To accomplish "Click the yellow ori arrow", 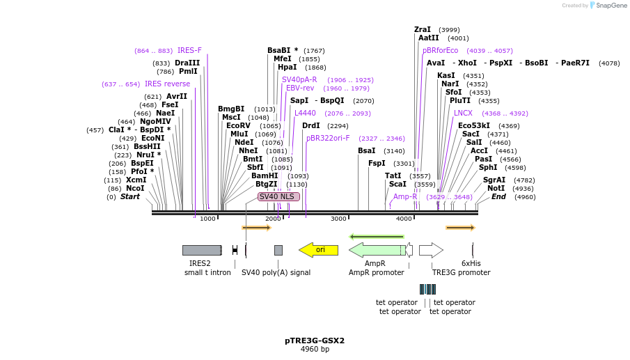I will (319, 250).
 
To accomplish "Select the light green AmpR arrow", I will (376, 250).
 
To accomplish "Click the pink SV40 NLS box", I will (278, 196).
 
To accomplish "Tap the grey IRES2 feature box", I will (202, 250).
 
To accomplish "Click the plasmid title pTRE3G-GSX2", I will (315, 341).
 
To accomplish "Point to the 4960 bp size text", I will (315, 349).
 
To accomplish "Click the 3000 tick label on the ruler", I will (338, 219).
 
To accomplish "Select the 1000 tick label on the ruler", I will (207, 219).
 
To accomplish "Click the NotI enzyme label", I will (496, 188).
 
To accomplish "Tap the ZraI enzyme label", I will (423, 29).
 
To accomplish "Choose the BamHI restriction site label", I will (265, 175).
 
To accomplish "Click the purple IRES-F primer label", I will (189, 50).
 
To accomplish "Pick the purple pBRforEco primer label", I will (441, 50).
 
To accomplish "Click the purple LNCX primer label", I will (463, 113).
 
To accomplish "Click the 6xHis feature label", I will (471, 263).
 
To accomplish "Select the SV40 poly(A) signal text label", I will (276, 272).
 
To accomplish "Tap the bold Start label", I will (130, 196).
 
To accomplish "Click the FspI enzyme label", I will (377, 163).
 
